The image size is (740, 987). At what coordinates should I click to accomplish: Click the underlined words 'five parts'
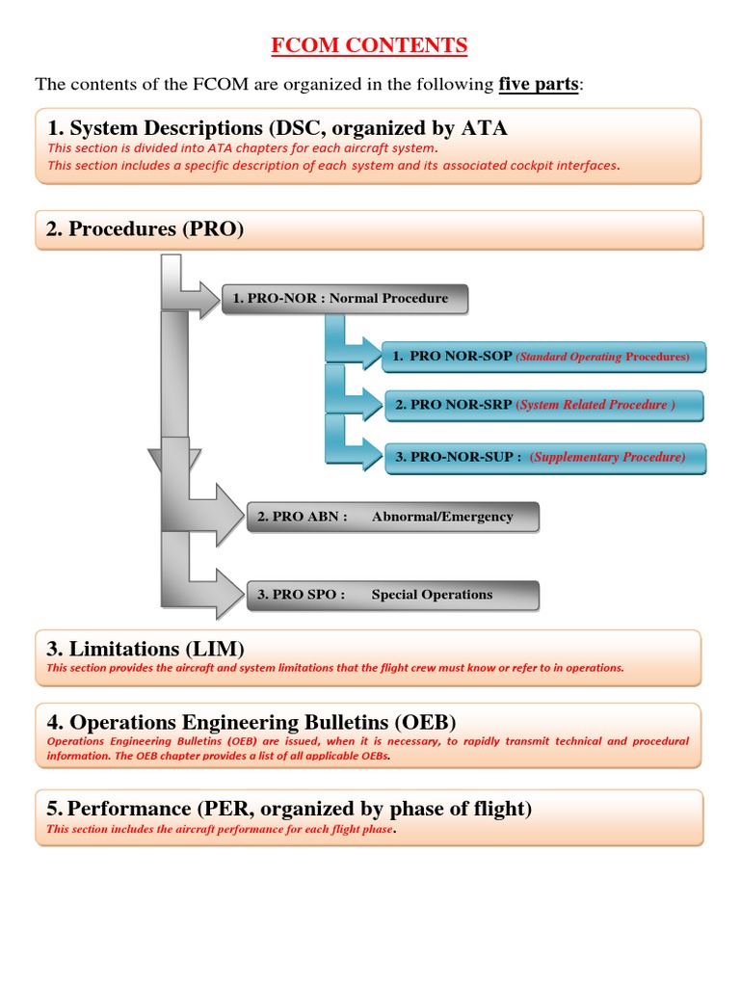[x=540, y=84]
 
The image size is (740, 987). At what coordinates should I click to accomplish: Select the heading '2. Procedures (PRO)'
[x=145, y=228]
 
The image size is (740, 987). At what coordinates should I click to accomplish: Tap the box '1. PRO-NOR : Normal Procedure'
[x=344, y=299]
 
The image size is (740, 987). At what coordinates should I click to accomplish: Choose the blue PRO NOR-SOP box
[x=543, y=357]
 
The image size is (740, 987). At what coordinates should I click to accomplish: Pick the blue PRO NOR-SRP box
[x=543, y=405]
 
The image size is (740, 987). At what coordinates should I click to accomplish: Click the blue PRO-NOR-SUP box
[x=543, y=457]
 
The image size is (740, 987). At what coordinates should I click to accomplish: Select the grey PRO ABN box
[x=393, y=517]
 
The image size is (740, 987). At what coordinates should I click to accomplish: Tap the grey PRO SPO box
[x=393, y=595]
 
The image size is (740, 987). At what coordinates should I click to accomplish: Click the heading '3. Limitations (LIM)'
[x=145, y=648]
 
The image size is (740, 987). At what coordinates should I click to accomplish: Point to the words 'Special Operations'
[x=432, y=595]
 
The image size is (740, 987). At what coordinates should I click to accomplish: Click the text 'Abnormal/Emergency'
[x=442, y=517]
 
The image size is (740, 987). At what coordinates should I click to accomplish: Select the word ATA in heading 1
[x=487, y=127]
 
